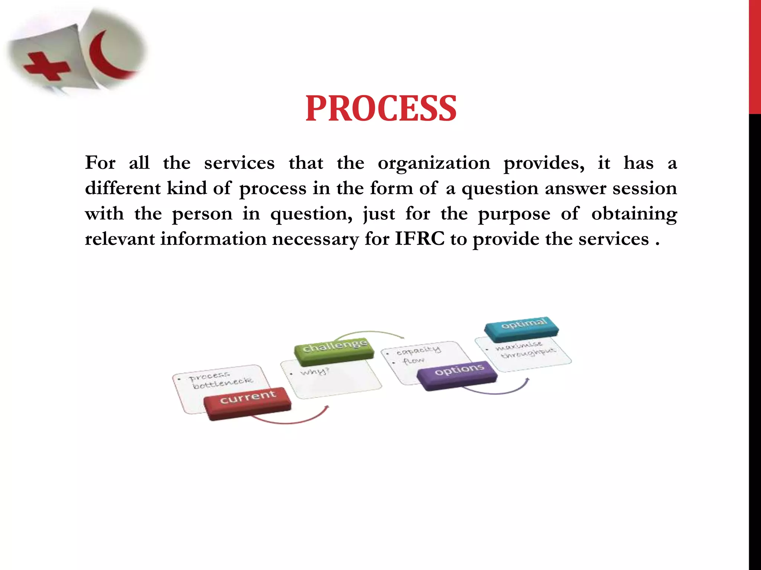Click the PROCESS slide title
click(380, 108)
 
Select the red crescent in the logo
click(108, 56)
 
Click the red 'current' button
click(247, 402)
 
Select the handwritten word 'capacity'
click(418, 350)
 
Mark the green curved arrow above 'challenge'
click(372, 333)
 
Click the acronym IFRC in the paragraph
click(420, 238)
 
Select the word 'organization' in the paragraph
click(434, 163)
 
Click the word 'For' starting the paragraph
click(100, 163)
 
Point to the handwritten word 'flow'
click(414, 361)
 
